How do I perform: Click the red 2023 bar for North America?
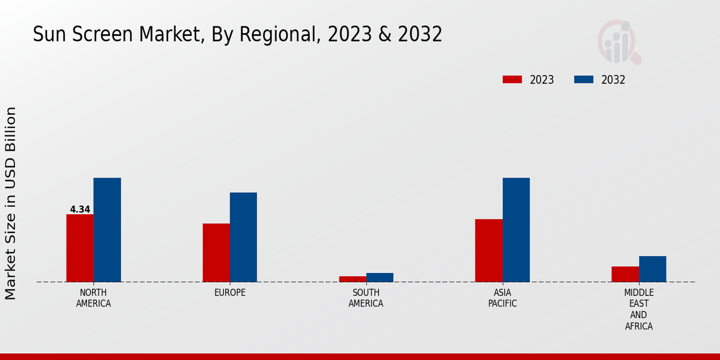tap(80, 248)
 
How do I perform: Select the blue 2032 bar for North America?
tap(107, 230)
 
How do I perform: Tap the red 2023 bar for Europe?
tap(216, 253)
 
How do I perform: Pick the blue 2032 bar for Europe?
tap(243, 237)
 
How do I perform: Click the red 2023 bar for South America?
tap(352, 279)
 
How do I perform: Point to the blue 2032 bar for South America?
tap(380, 277)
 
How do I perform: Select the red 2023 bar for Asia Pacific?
tap(488, 250)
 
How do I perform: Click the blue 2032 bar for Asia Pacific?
tap(516, 230)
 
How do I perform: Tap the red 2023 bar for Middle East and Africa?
tap(625, 274)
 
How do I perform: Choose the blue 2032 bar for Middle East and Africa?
tap(652, 269)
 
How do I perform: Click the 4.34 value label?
tap(80, 209)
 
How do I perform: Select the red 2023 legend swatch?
tap(512, 80)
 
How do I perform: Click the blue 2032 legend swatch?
tap(584, 80)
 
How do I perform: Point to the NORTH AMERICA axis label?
tap(94, 298)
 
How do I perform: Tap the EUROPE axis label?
tap(230, 293)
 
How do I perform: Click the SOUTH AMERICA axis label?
tap(366, 298)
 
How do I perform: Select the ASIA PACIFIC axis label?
tap(502, 298)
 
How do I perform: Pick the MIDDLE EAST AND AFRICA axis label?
tap(638, 309)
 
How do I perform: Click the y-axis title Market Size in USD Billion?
tap(11, 203)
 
